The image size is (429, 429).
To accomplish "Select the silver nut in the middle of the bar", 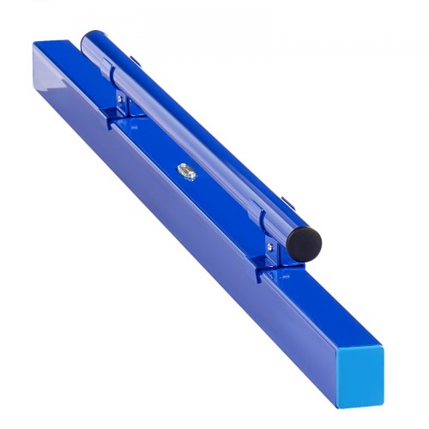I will (x=185, y=172).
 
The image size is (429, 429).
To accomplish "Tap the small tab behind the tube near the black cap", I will (x=287, y=202).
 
